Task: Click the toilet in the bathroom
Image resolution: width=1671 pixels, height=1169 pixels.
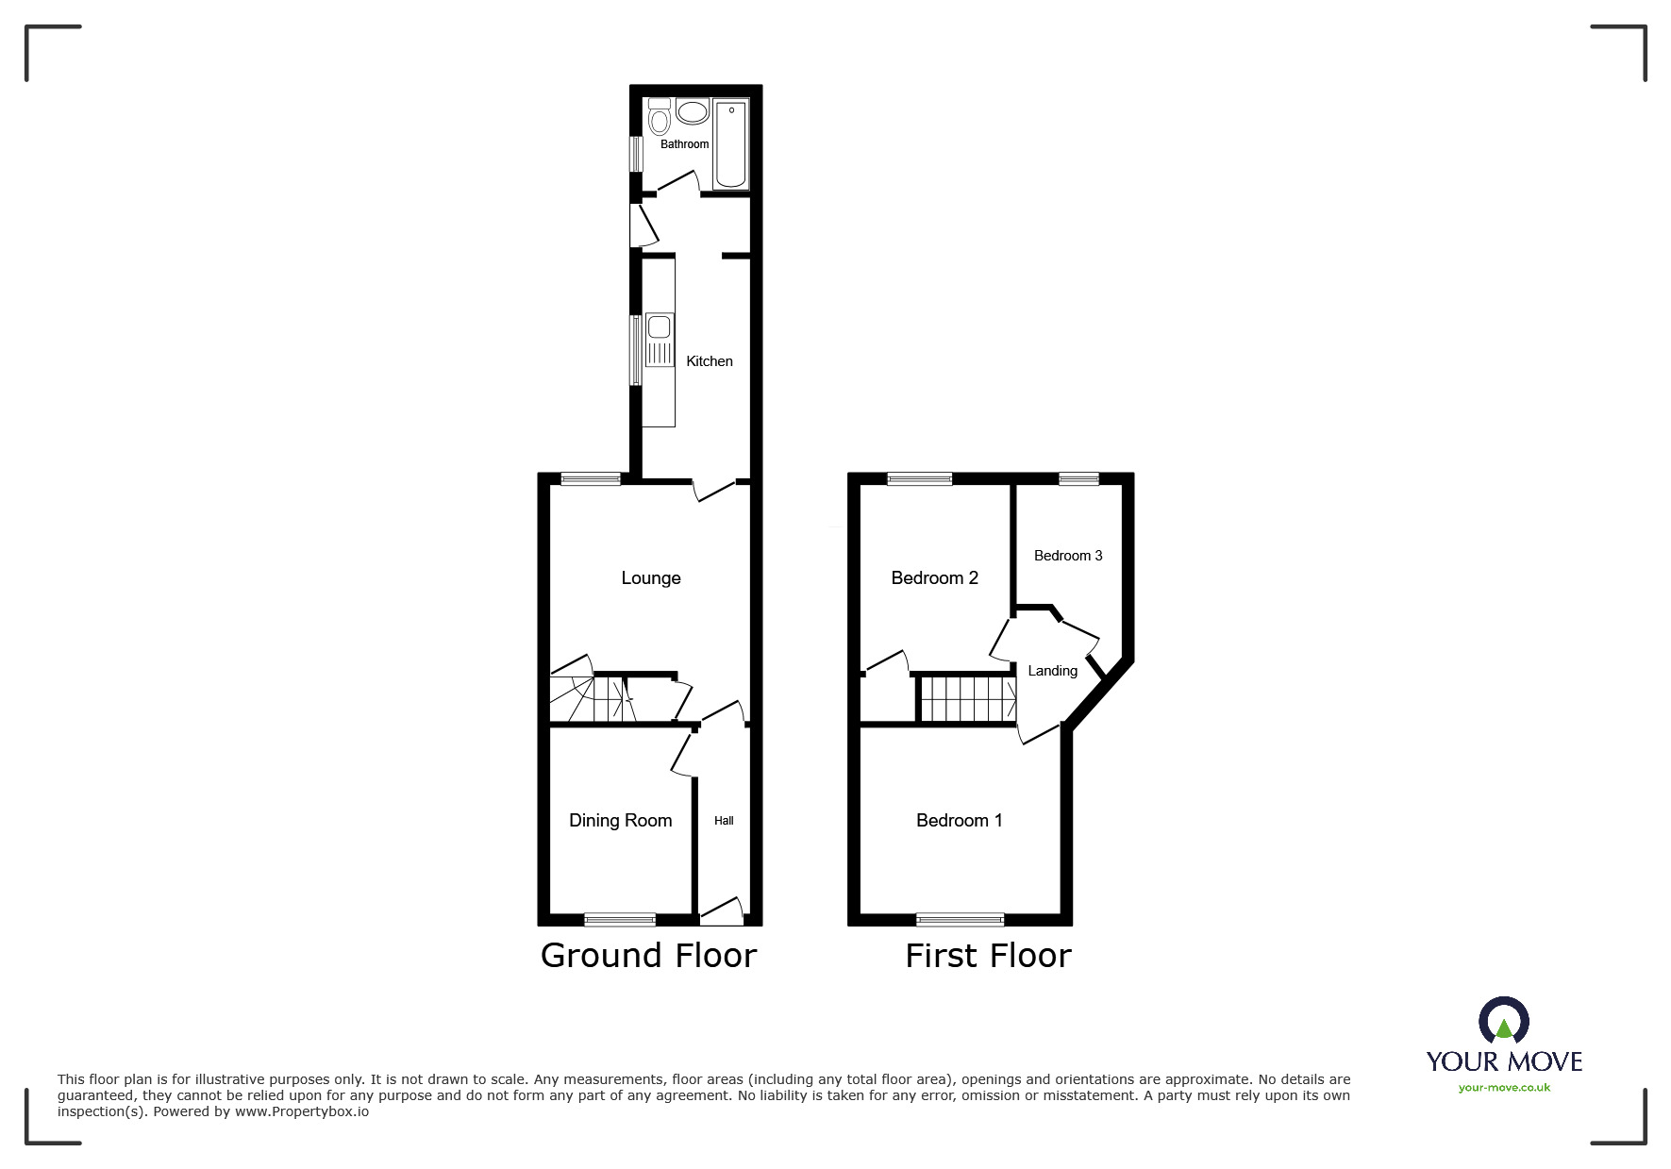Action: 660,119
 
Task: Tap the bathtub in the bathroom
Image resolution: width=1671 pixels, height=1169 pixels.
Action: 731,144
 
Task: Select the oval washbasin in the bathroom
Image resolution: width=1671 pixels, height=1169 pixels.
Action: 693,112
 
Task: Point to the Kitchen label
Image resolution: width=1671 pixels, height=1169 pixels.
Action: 709,361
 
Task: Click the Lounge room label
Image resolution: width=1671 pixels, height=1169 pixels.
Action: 650,578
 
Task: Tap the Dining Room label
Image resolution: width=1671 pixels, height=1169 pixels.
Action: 620,821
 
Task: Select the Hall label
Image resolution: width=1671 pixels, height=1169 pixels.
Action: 724,821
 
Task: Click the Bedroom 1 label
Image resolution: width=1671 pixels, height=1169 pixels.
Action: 959,821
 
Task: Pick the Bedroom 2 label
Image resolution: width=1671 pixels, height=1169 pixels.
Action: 934,578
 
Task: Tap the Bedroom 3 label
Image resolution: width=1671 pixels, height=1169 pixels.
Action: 1067,556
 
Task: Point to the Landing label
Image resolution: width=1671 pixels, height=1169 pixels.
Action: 1052,671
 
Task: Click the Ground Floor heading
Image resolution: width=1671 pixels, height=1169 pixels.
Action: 648,956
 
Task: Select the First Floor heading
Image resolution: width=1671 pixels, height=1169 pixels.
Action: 988,956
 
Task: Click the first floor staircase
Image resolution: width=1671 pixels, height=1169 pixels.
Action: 967,699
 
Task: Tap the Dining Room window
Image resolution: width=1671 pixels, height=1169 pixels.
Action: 620,919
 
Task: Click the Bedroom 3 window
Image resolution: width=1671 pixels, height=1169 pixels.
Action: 1078,479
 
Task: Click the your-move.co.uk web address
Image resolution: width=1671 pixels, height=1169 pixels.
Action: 1504,1088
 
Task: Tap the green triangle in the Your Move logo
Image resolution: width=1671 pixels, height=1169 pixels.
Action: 1504,1027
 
